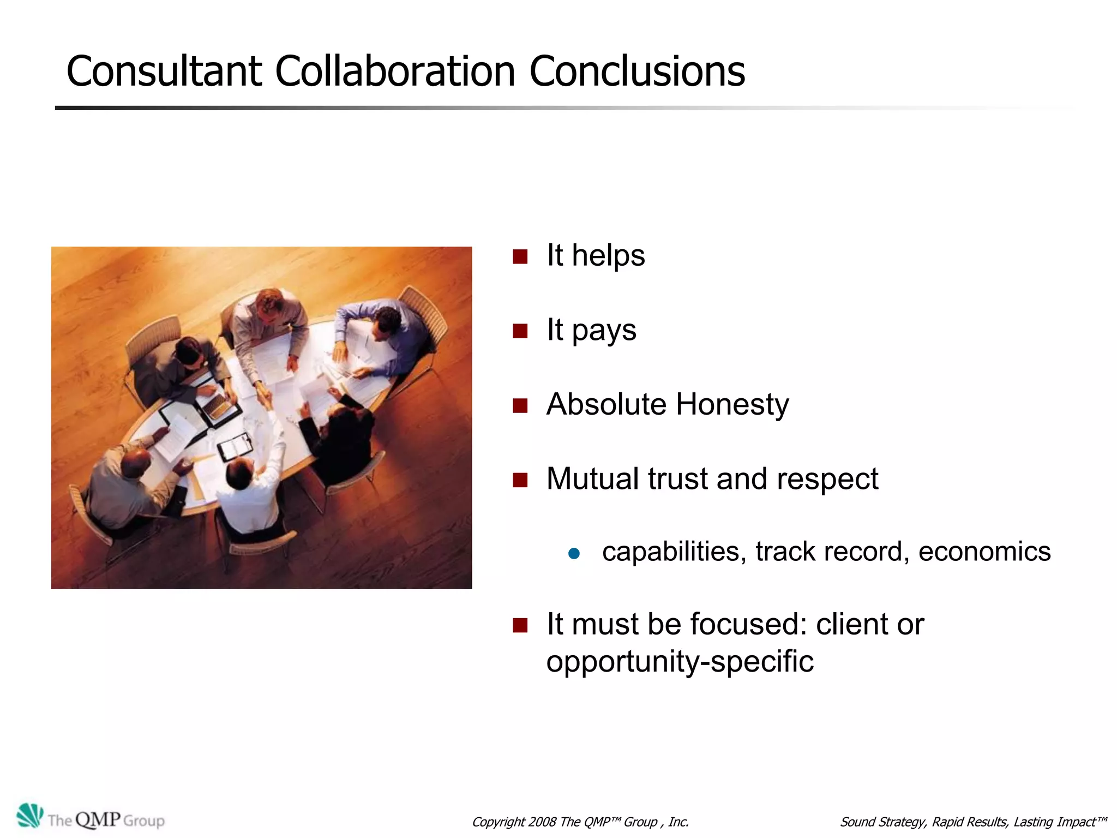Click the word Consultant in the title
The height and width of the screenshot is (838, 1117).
click(164, 71)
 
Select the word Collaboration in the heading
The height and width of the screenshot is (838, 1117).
click(395, 71)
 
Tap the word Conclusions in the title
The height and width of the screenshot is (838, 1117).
click(637, 71)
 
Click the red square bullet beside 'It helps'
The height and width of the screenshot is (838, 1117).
click(520, 256)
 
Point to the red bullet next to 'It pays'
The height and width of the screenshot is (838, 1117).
click(520, 331)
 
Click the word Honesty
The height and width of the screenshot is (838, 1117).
click(732, 404)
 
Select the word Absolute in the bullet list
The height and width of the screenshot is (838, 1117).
click(606, 404)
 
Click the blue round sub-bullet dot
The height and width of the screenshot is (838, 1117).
click(574, 554)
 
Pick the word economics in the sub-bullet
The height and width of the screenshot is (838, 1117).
click(984, 552)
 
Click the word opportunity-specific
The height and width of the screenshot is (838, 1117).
click(680, 662)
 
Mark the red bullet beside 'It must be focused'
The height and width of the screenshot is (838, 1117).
click(520, 625)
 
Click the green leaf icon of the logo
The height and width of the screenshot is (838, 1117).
click(29, 816)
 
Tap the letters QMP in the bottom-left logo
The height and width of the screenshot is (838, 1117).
click(98, 819)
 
